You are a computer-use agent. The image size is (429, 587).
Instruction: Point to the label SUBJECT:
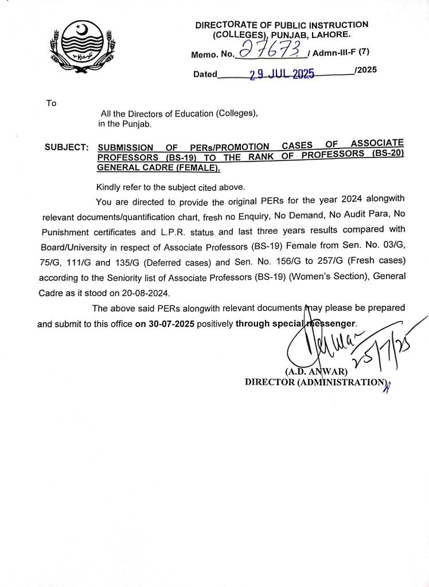67,147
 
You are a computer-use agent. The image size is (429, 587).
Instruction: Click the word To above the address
52,103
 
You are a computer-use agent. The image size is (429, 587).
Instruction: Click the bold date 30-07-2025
165,323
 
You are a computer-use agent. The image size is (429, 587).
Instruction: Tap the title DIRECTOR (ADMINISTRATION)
314,382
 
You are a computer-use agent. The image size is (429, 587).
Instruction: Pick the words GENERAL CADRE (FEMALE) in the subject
158,169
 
